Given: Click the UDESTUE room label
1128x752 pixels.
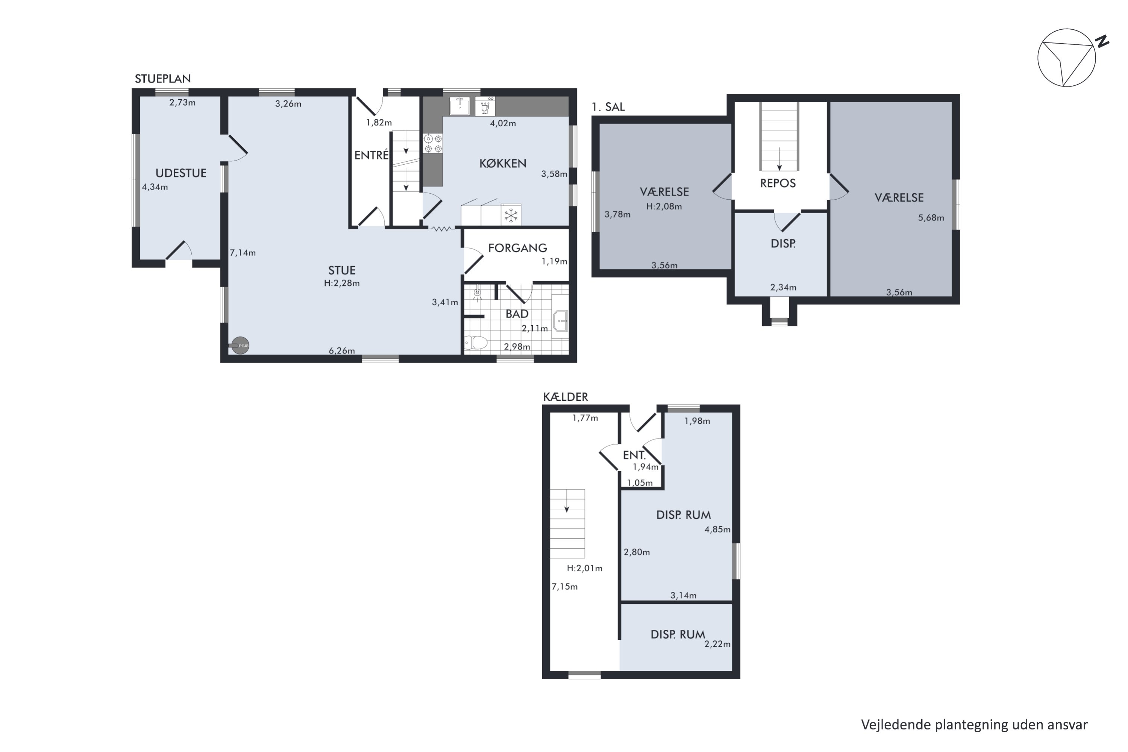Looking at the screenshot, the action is click(181, 173).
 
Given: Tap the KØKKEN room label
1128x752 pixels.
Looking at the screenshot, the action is click(503, 164).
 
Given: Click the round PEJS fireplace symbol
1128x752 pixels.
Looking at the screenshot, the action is click(240, 345).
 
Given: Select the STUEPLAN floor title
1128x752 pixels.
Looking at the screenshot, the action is click(162, 79).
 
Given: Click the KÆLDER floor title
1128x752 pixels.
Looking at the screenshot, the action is click(566, 397).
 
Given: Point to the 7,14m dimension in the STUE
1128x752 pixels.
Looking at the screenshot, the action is click(243, 253).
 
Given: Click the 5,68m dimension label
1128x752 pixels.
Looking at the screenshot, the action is click(931, 218).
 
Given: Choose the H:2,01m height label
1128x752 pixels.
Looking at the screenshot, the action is click(585, 568).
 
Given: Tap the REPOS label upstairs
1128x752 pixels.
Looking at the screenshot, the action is click(778, 183).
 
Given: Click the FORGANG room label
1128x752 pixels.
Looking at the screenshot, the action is click(517, 248).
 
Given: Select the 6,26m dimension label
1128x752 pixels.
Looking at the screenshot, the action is click(342, 350).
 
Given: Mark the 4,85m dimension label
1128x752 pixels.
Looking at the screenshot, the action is click(717, 529).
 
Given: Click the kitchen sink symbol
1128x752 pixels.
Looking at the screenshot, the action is click(459, 106).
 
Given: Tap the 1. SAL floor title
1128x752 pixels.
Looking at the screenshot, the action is click(608, 107).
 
